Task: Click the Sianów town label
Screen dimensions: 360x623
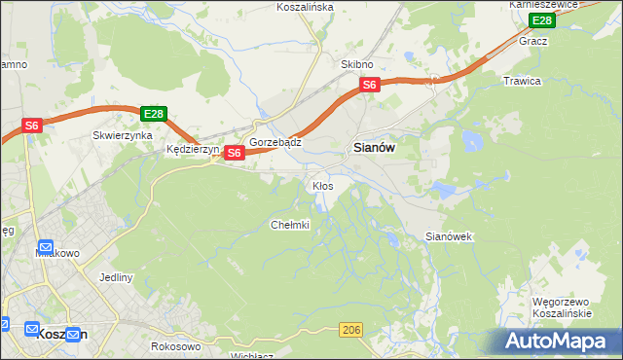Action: [x=371, y=149]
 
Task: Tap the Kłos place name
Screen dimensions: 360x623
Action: [x=322, y=185]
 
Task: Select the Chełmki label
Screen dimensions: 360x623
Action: [x=289, y=225]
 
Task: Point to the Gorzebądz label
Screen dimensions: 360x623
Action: [x=275, y=141]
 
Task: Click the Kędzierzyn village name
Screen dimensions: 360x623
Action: [x=193, y=150]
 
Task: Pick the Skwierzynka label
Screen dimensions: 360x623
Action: [x=122, y=135]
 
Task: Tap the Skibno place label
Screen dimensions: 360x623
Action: [x=356, y=64]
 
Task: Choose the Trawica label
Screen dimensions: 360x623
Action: [x=522, y=81]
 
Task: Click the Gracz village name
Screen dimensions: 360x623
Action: [x=533, y=41]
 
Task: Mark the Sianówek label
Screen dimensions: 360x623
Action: [x=449, y=236]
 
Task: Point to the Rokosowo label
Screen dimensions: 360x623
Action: [x=176, y=345]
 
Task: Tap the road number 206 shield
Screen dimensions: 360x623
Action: [x=351, y=332]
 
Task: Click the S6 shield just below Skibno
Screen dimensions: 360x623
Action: [x=369, y=86]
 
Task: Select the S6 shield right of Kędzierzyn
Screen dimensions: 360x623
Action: [x=234, y=153]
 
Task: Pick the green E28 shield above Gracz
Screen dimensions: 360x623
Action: [x=541, y=20]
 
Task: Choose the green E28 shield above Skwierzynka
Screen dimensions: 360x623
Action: [x=153, y=113]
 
